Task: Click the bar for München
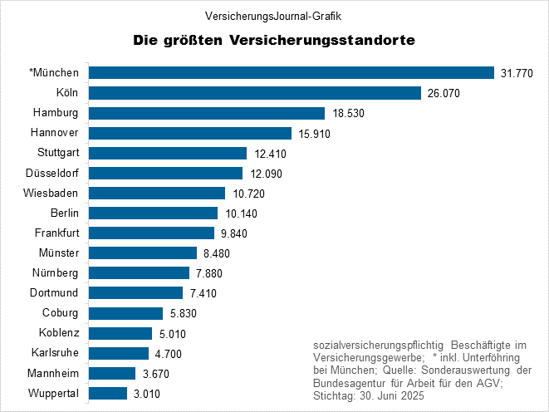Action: click(291, 73)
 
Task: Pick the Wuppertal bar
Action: click(107, 393)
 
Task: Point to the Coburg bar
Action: click(125, 313)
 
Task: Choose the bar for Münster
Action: click(142, 253)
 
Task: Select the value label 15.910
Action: click(316, 133)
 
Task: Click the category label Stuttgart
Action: click(58, 153)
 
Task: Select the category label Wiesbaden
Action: click(54, 193)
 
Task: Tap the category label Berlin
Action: click(64, 213)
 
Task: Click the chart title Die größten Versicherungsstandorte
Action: click(274, 40)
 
